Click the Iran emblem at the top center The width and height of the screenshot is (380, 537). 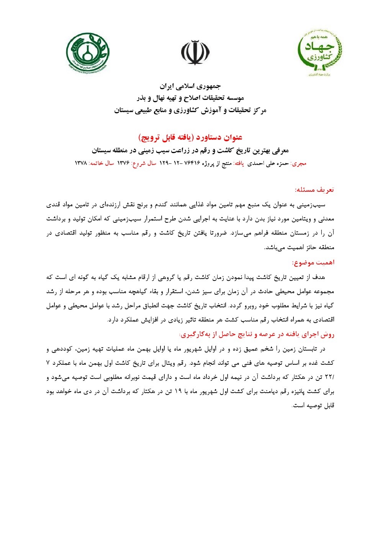tap(195, 53)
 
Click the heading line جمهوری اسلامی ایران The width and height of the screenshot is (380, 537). tap(190, 86)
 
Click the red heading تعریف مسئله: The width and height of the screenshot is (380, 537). tap(314, 190)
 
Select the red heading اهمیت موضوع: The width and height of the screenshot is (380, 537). tap(313, 263)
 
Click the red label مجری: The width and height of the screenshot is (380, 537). tap(298, 163)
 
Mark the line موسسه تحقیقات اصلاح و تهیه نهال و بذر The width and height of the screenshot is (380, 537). tap(190, 98)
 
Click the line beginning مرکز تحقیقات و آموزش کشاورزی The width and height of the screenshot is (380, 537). tap(190, 111)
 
